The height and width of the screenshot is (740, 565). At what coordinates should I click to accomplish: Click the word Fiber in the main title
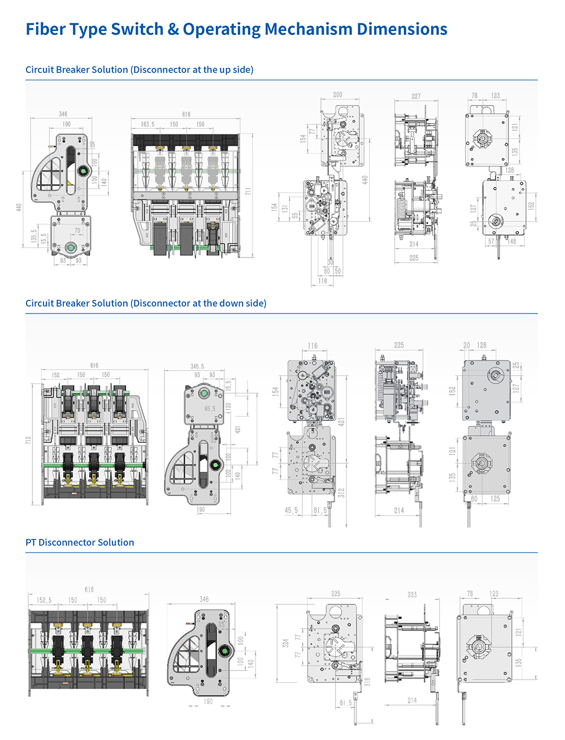click(46, 29)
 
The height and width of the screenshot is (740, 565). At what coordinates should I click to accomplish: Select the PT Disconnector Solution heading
click(80, 542)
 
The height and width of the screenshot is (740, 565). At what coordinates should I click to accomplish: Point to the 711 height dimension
click(248, 193)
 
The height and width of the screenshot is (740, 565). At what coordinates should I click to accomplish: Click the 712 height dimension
click(28, 440)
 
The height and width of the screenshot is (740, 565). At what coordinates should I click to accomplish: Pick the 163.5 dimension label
click(147, 124)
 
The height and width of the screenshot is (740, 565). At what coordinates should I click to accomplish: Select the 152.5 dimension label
click(44, 600)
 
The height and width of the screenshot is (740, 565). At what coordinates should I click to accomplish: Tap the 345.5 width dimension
click(197, 367)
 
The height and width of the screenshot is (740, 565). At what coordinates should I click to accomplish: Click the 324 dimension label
click(286, 643)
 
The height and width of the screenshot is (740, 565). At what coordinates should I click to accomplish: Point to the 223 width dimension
click(412, 595)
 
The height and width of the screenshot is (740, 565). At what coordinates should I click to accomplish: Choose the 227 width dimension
click(416, 97)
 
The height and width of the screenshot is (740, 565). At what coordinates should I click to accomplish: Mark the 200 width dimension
click(337, 95)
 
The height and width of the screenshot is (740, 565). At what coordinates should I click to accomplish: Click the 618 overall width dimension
click(89, 589)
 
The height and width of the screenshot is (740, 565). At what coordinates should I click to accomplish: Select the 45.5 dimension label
click(291, 510)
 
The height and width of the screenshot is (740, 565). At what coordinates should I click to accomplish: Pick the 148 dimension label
click(512, 241)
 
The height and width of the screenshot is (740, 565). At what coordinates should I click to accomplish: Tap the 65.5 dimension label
click(210, 408)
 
